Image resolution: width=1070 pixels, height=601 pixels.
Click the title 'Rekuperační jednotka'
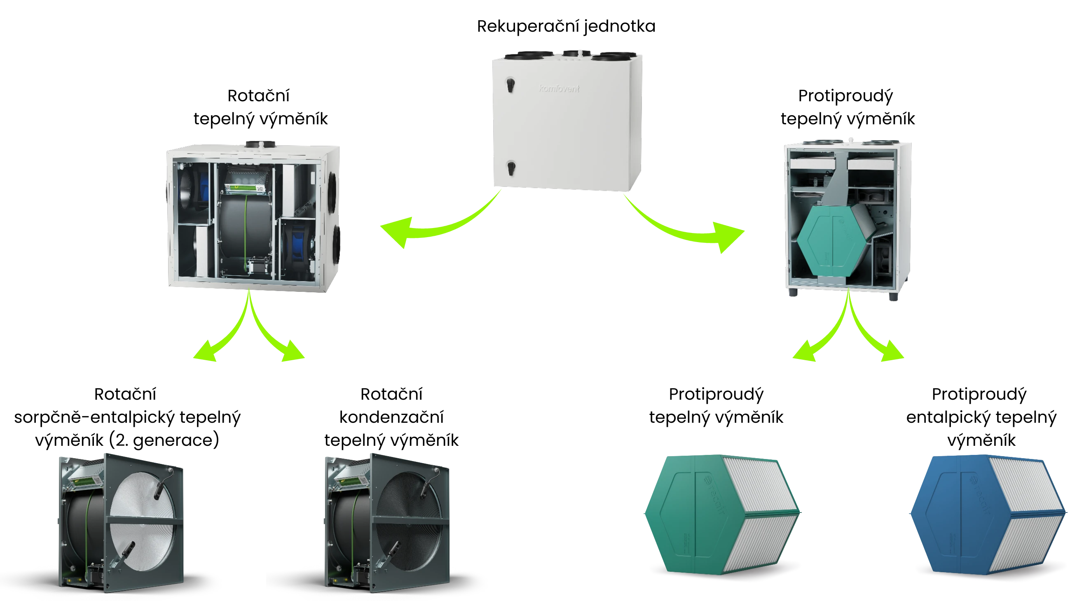[566, 26]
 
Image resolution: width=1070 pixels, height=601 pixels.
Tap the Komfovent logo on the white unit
[559, 89]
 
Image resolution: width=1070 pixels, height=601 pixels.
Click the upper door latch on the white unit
[510, 85]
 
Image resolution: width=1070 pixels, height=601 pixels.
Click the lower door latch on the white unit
[511, 168]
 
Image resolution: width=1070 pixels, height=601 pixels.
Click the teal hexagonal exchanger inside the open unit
[831, 241]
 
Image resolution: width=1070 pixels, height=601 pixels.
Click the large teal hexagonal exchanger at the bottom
[719, 515]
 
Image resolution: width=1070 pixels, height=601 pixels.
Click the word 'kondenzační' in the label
[391, 417]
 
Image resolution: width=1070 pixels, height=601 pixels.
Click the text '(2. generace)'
[164, 440]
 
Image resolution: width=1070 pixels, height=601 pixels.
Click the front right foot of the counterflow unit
[894, 296]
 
